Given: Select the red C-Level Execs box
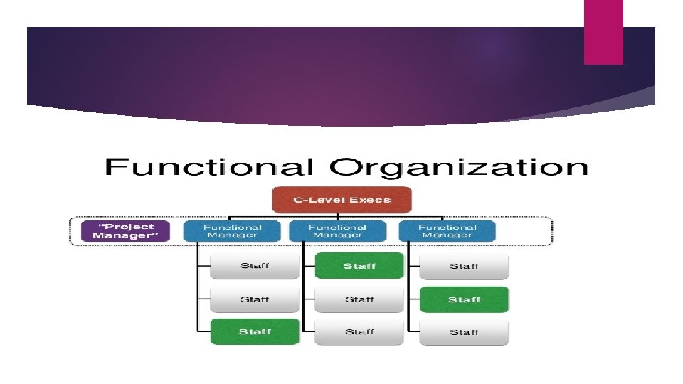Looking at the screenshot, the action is tap(341, 200).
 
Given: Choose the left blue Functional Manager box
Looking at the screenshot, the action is tap(233, 231).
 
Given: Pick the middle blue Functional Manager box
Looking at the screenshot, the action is tap(337, 231).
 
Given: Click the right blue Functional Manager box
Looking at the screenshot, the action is tap(447, 231).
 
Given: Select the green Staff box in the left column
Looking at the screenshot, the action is tap(255, 332).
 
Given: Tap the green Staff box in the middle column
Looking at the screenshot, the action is tap(359, 266).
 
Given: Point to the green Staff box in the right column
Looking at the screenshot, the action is tap(464, 299).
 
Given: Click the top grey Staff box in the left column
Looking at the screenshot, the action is tap(255, 266).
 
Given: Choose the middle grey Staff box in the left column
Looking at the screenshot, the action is tap(255, 299).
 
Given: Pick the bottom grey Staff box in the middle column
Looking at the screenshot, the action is tap(359, 332).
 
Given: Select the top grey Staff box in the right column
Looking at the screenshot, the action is tap(464, 266).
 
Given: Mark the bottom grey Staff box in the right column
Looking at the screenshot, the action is tap(464, 332).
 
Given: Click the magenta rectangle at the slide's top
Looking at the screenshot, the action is tap(603, 32).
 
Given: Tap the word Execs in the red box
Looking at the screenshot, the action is tap(373, 200).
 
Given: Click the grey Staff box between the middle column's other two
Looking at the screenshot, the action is tap(359, 299).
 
